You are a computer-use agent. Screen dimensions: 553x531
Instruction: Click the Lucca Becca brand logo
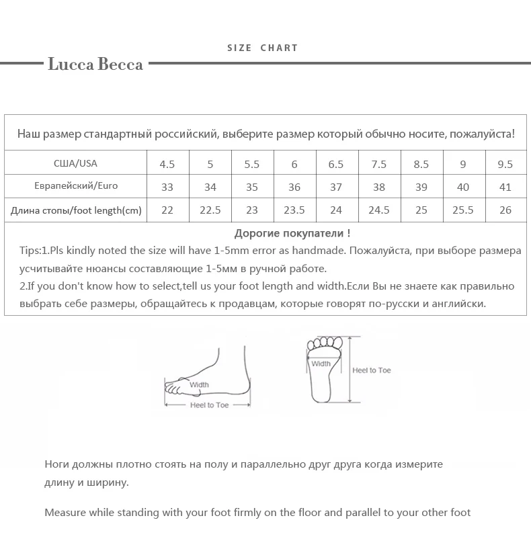[x=95, y=65]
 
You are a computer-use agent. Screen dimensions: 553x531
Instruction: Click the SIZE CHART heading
[x=262, y=48]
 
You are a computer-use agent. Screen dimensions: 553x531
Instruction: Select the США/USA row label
[x=75, y=163]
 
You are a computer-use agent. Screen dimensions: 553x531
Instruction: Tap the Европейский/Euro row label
[x=75, y=186]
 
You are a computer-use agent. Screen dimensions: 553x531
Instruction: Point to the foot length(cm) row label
[x=76, y=210]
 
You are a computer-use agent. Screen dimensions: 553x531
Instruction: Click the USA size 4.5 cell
[x=167, y=164]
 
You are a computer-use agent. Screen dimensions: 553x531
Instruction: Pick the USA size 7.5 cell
[x=378, y=164]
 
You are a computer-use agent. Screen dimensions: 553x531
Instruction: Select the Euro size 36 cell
[x=294, y=187]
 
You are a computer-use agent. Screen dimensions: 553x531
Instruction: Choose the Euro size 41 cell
[x=505, y=187]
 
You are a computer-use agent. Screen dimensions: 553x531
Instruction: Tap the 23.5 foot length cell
[x=294, y=210]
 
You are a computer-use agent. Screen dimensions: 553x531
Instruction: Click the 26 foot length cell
[x=505, y=210]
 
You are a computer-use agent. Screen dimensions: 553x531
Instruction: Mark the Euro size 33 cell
[x=167, y=187]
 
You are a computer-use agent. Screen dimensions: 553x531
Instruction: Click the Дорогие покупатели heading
[x=292, y=234]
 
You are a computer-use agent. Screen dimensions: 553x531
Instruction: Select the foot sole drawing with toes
[x=324, y=370]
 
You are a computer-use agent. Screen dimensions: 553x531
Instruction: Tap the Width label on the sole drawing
[x=321, y=364]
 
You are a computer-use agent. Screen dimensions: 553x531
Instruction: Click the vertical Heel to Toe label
[x=372, y=370]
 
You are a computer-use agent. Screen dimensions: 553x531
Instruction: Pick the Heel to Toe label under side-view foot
[x=209, y=405]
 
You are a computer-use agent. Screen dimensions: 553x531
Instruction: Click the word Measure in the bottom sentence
[x=64, y=513]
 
